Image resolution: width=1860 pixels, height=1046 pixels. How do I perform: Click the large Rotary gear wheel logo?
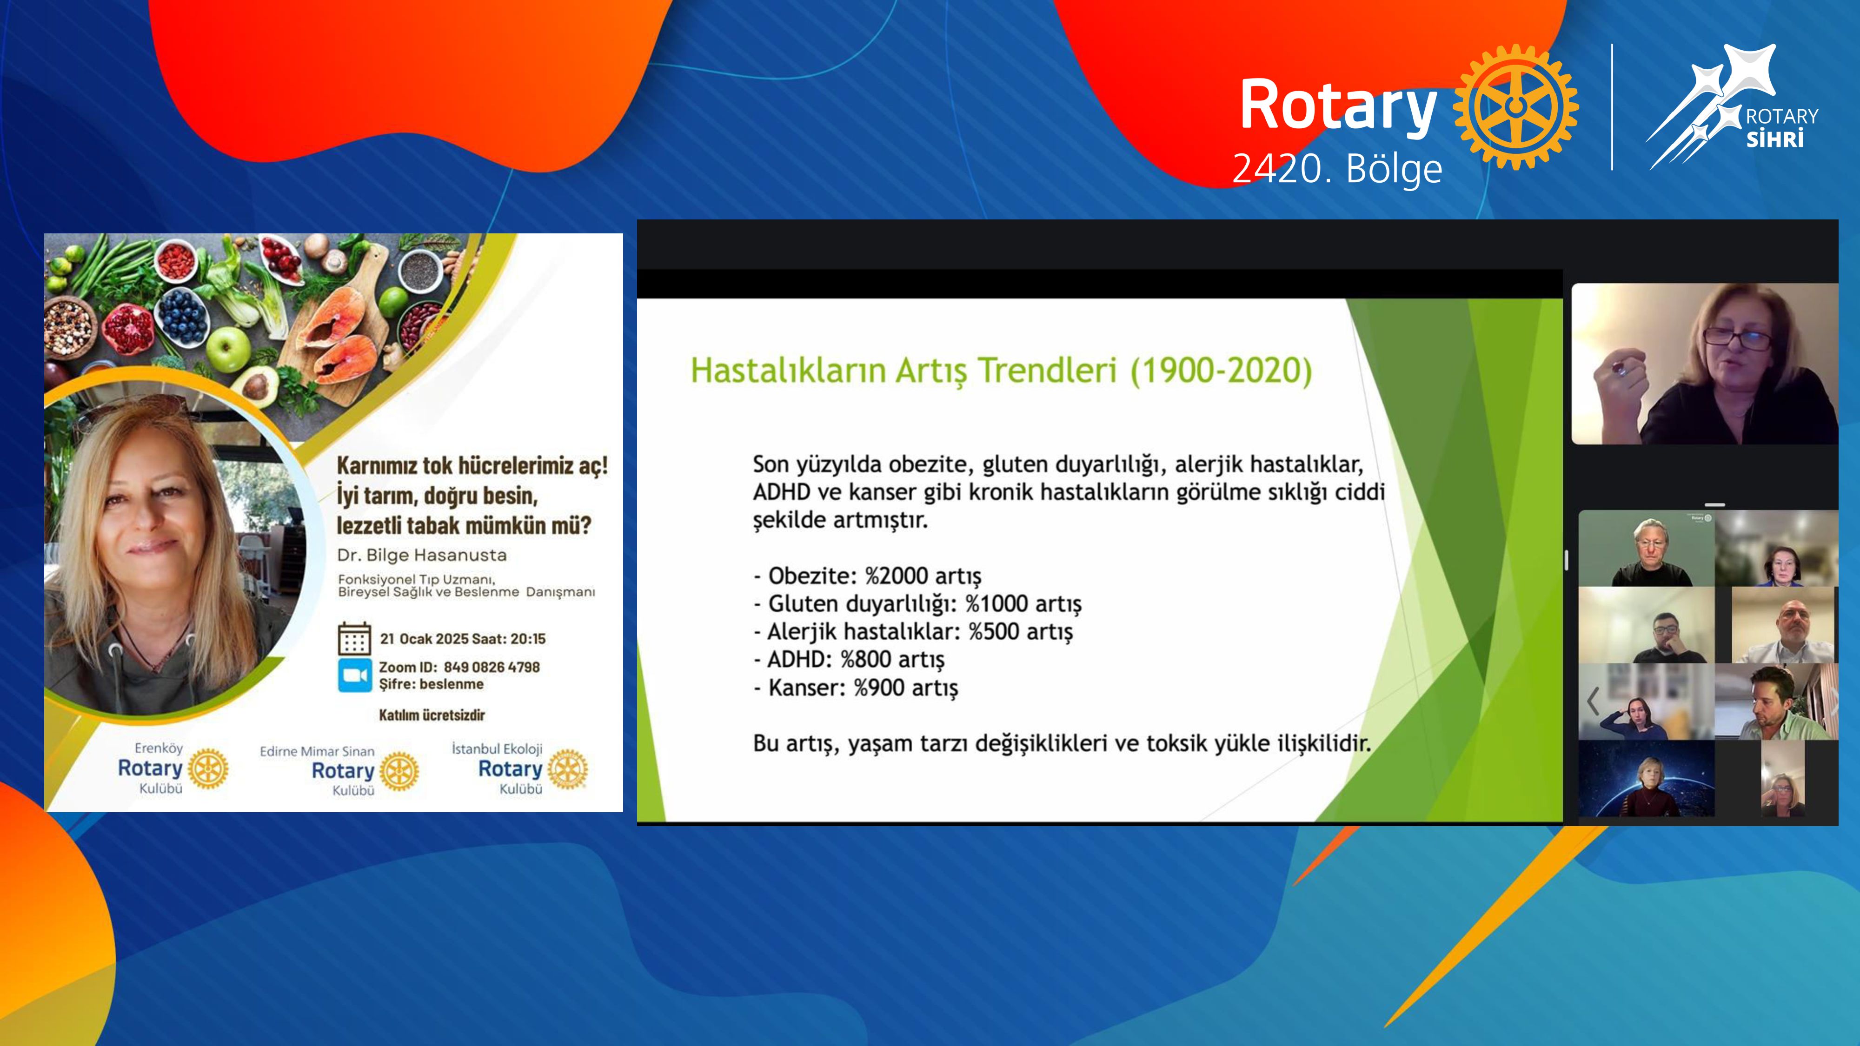pyautogui.click(x=1515, y=107)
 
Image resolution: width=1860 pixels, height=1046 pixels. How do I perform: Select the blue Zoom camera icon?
pyautogui.click(x=354, y=675)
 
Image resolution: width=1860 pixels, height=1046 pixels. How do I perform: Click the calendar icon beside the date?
pyautogui.click(x=354, y=638)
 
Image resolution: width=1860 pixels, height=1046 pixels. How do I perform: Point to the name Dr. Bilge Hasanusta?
pyautogui.click(x=422, y=555)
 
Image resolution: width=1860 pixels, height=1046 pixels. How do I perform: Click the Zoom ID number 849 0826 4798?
pyautogui.click(x=492, y=667)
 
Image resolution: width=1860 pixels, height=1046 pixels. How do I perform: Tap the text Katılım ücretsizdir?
pyautogui.click(x=432, y=715)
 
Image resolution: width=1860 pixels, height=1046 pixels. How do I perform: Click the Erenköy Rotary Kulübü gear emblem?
pyautogui.click(x=208, y=768)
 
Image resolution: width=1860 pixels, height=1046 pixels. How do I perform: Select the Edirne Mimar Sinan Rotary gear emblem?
pyautogui.click(x=399, y=771)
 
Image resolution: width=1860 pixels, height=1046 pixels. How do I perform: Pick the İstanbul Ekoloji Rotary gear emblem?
pyautogui.click(x=567, y=769)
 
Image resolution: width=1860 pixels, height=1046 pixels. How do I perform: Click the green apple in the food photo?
pyautogui.click(x=227, y=349)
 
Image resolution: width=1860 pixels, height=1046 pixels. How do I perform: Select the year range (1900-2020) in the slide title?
pyautogui.click(x=1221, y=371)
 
